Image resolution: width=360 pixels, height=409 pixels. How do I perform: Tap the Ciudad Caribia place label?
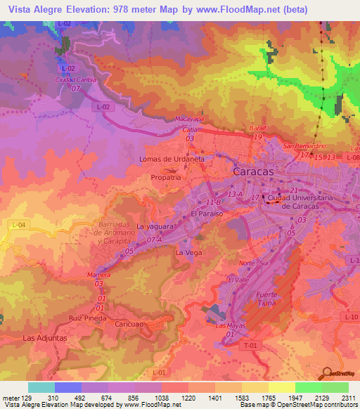point(76,79)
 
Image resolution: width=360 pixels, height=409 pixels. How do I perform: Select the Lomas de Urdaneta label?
point(172,159)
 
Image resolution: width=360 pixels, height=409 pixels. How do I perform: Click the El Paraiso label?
point(207,212)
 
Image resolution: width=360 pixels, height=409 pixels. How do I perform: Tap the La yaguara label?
point(155,226)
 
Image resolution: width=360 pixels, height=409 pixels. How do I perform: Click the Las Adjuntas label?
point(45,337)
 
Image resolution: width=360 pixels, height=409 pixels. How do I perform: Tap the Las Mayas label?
point(230,326)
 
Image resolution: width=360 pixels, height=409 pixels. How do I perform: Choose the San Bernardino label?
point(302,146)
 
